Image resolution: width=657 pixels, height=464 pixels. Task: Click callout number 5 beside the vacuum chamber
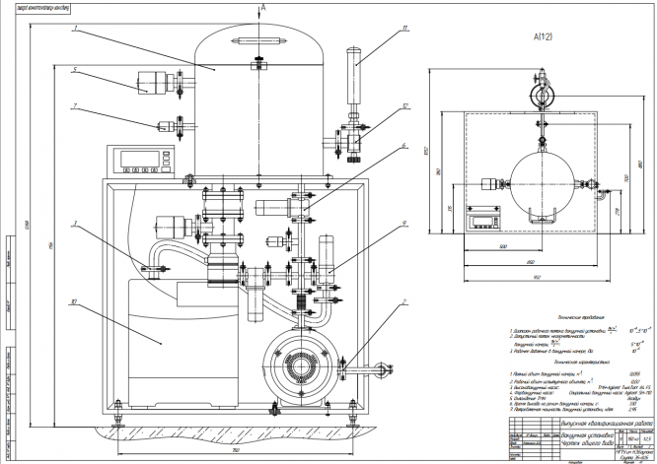click(75, 69)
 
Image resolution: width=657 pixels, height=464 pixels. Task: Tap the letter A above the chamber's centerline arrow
click(260, 6)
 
